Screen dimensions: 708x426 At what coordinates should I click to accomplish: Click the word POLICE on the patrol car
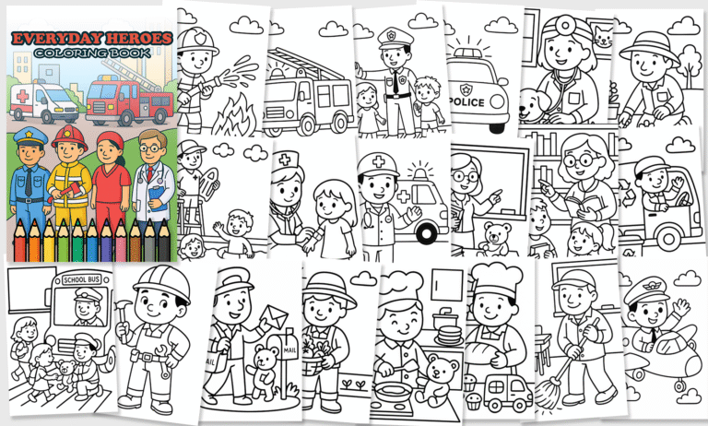click(466, 102)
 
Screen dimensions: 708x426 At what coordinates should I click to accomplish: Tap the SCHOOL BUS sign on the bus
click(81, 279)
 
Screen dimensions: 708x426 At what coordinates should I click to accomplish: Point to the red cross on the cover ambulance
click(22, 96)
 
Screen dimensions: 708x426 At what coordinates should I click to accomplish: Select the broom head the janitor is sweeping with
click(548, 394)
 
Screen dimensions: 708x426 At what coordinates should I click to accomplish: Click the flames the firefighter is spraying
click(233, 116)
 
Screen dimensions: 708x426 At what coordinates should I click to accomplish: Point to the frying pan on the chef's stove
click(392, 387)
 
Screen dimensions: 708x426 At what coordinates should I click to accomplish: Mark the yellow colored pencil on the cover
click(49, 241)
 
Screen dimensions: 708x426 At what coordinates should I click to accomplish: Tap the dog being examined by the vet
click(533, 105)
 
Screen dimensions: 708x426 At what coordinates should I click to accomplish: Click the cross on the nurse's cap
click(285, 160)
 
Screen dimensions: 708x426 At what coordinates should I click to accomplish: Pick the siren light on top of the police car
click(468, 53)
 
